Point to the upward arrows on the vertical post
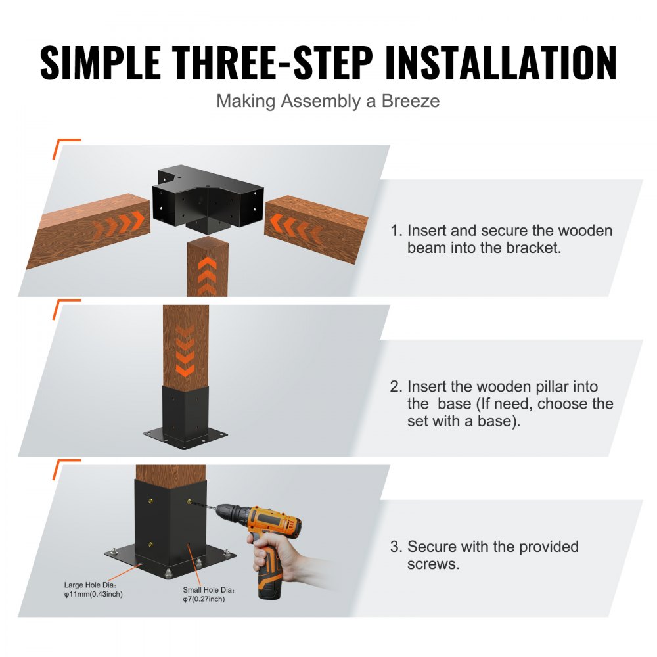click(207, 275)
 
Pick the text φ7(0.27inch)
click(204, 599)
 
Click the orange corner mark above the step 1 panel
click(66, 146)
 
